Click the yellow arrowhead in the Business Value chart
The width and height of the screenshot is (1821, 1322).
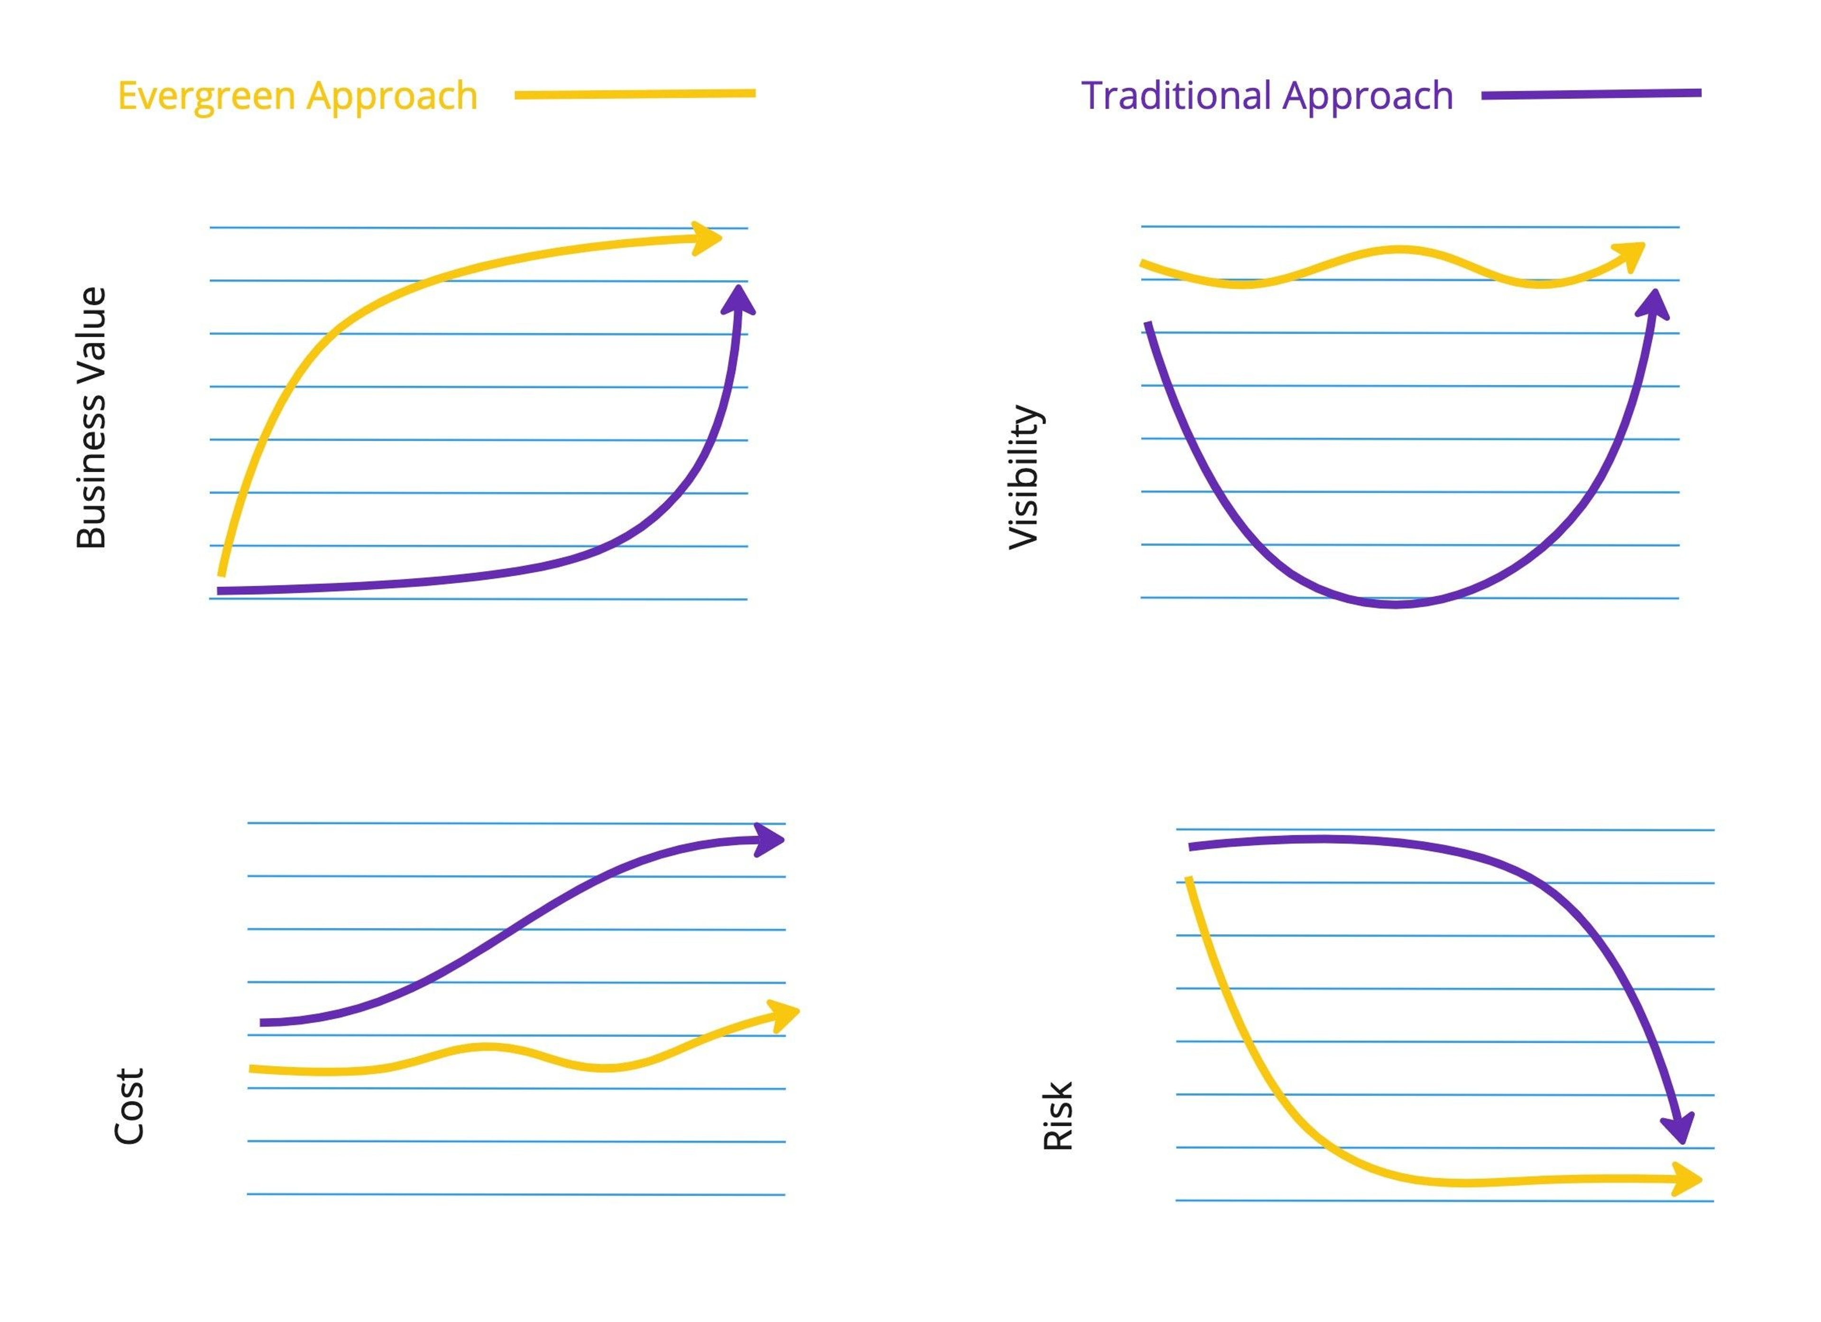click(708, 238)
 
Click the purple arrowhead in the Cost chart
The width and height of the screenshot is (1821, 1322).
click(769, 839)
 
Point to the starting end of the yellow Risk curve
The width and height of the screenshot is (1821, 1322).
click(1188, 880)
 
